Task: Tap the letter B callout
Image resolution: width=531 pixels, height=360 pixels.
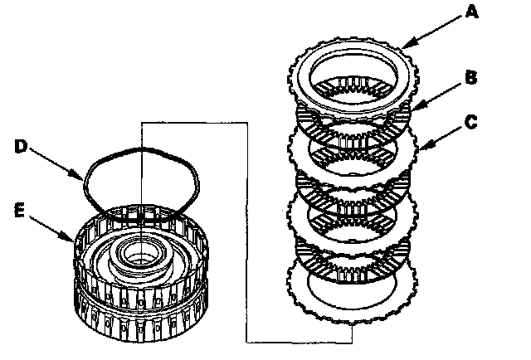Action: pos(470,79)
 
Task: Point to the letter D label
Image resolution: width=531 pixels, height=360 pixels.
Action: pos(22,147)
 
